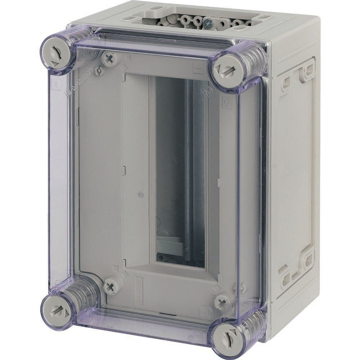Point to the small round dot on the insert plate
click(x=140, y=195)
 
